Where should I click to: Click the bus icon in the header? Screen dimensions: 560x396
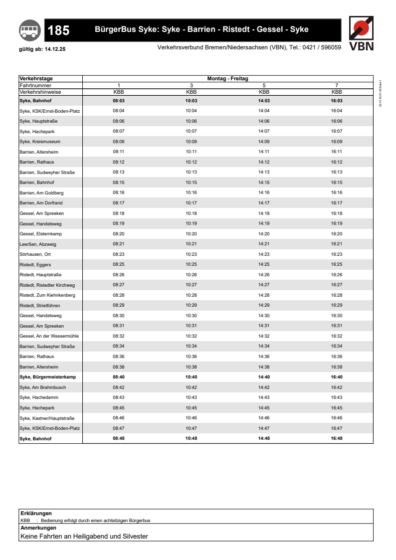[x=28, y=30]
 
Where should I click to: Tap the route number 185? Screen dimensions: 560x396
[x=58, y=31]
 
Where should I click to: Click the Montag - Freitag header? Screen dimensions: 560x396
[x=227, y=79]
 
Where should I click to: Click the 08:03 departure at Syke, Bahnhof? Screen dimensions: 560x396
[x=118, y=100]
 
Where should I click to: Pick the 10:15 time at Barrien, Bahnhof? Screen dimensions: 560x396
[x=191, y=182]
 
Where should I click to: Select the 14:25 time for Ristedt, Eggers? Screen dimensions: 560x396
[x=264, y=264]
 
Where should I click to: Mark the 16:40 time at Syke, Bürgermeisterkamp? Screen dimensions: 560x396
[x=337, y=377]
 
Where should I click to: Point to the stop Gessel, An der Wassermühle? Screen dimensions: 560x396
[x=49, y=336]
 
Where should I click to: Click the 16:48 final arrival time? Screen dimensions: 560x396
[x=337, y=438]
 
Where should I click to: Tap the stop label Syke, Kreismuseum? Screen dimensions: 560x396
[x=40, y=141]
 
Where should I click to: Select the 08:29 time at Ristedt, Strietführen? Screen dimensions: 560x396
[x=118, y=305]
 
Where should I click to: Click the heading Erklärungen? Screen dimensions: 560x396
[x=36, y=513]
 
